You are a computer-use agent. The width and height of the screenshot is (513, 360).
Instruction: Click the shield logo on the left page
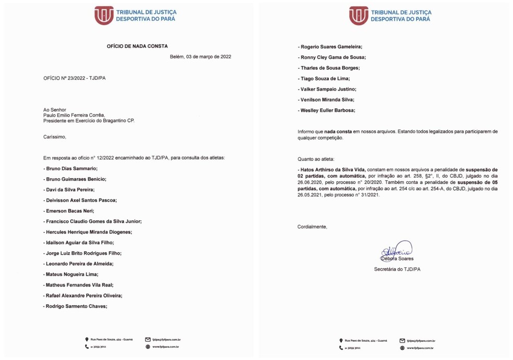[104, 16]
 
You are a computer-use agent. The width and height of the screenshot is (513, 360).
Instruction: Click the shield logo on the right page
[359, 16]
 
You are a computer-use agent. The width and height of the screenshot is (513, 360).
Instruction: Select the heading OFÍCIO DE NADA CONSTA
[137, 46]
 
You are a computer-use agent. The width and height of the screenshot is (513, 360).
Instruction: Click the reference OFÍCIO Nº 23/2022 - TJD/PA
[75, 78]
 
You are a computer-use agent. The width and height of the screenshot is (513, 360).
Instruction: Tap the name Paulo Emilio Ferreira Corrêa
[74, 115]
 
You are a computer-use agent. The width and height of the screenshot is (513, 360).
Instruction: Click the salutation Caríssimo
[55, 137]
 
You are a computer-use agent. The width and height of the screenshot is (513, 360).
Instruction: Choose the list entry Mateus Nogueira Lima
[71, 275]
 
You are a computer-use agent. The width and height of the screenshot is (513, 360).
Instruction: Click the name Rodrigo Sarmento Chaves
[76, 306]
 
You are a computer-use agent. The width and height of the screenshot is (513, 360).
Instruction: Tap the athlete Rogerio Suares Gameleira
[331, 47]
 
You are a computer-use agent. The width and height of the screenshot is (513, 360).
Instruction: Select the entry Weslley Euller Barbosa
[328, 110]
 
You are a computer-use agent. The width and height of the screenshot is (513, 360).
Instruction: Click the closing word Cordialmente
[312, 227]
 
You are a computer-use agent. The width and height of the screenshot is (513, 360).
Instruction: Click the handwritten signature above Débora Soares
[397, 250]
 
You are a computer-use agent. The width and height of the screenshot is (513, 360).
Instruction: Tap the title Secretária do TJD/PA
[397, 269]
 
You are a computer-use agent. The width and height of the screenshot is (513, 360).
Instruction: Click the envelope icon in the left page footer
[148, 340]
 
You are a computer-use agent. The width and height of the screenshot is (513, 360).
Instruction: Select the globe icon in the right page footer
[402, 347]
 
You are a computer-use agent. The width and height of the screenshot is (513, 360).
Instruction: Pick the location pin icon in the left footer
[87, 340]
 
